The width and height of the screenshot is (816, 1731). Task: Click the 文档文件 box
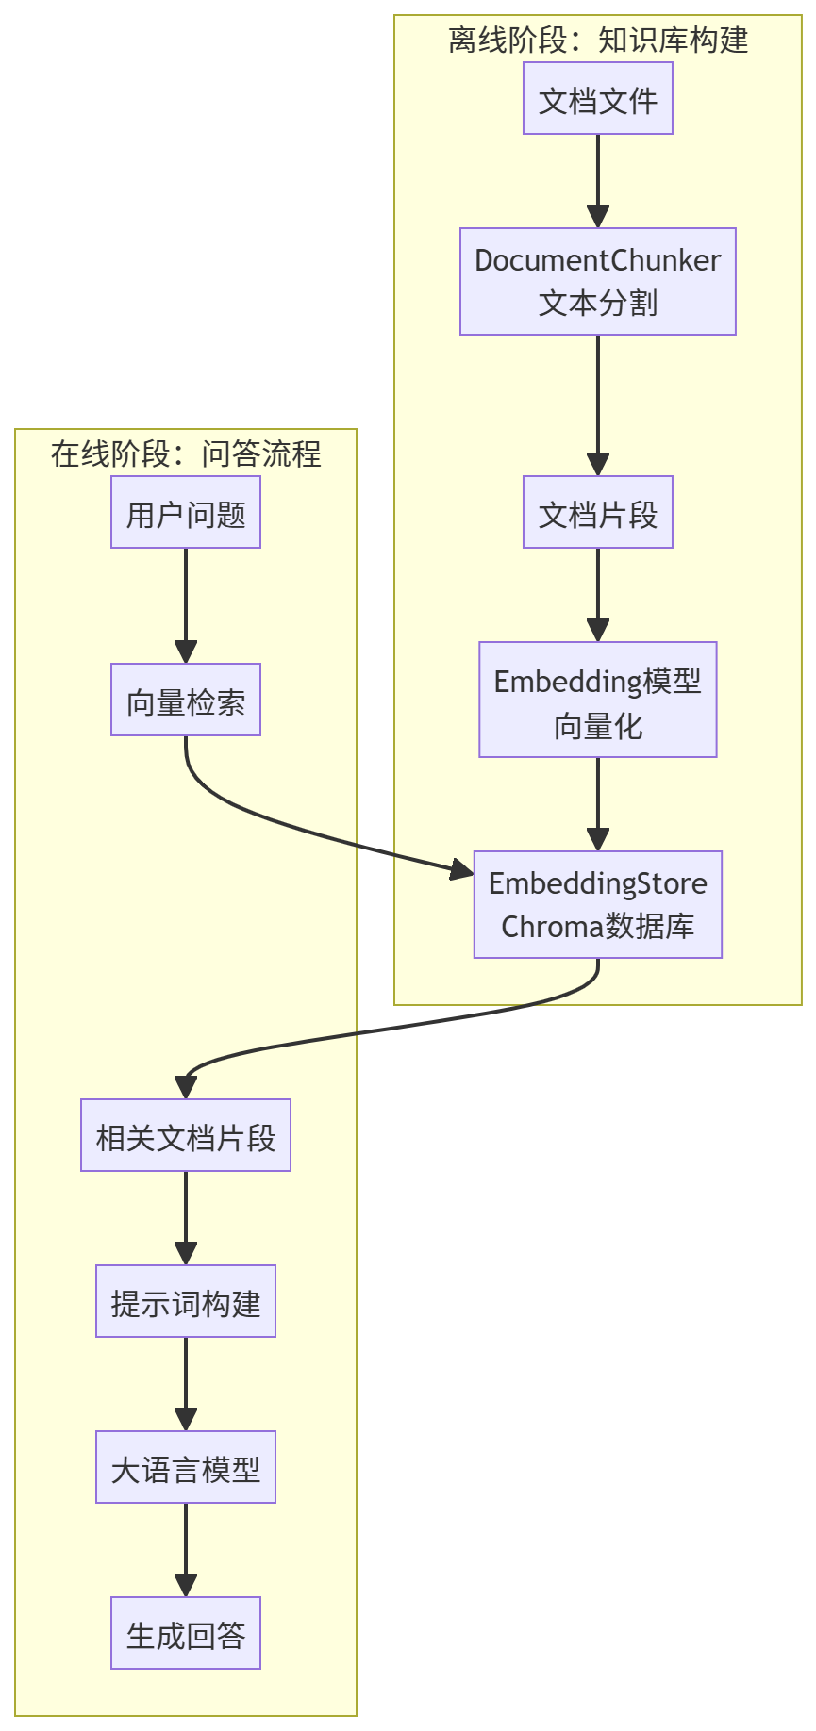597,98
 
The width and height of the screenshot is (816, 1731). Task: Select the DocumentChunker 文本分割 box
597,281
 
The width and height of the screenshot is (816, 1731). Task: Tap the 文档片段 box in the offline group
597,512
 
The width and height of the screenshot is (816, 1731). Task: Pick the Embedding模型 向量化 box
597,700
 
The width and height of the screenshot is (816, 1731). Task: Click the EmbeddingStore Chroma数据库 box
597,905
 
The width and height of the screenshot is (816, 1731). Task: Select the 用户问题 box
186,512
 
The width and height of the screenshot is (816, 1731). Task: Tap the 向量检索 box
186,700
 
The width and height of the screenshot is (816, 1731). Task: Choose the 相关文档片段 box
186,1135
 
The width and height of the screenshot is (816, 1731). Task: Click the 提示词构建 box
186,1301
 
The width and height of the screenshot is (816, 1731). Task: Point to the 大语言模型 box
186,1467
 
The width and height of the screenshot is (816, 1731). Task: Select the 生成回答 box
186,1633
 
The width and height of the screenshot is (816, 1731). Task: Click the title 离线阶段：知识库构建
597,41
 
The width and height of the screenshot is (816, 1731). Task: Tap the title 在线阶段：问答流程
186,453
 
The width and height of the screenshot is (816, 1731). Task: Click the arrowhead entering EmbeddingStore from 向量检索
462,869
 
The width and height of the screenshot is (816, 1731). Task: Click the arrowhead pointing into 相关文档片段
186,1087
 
